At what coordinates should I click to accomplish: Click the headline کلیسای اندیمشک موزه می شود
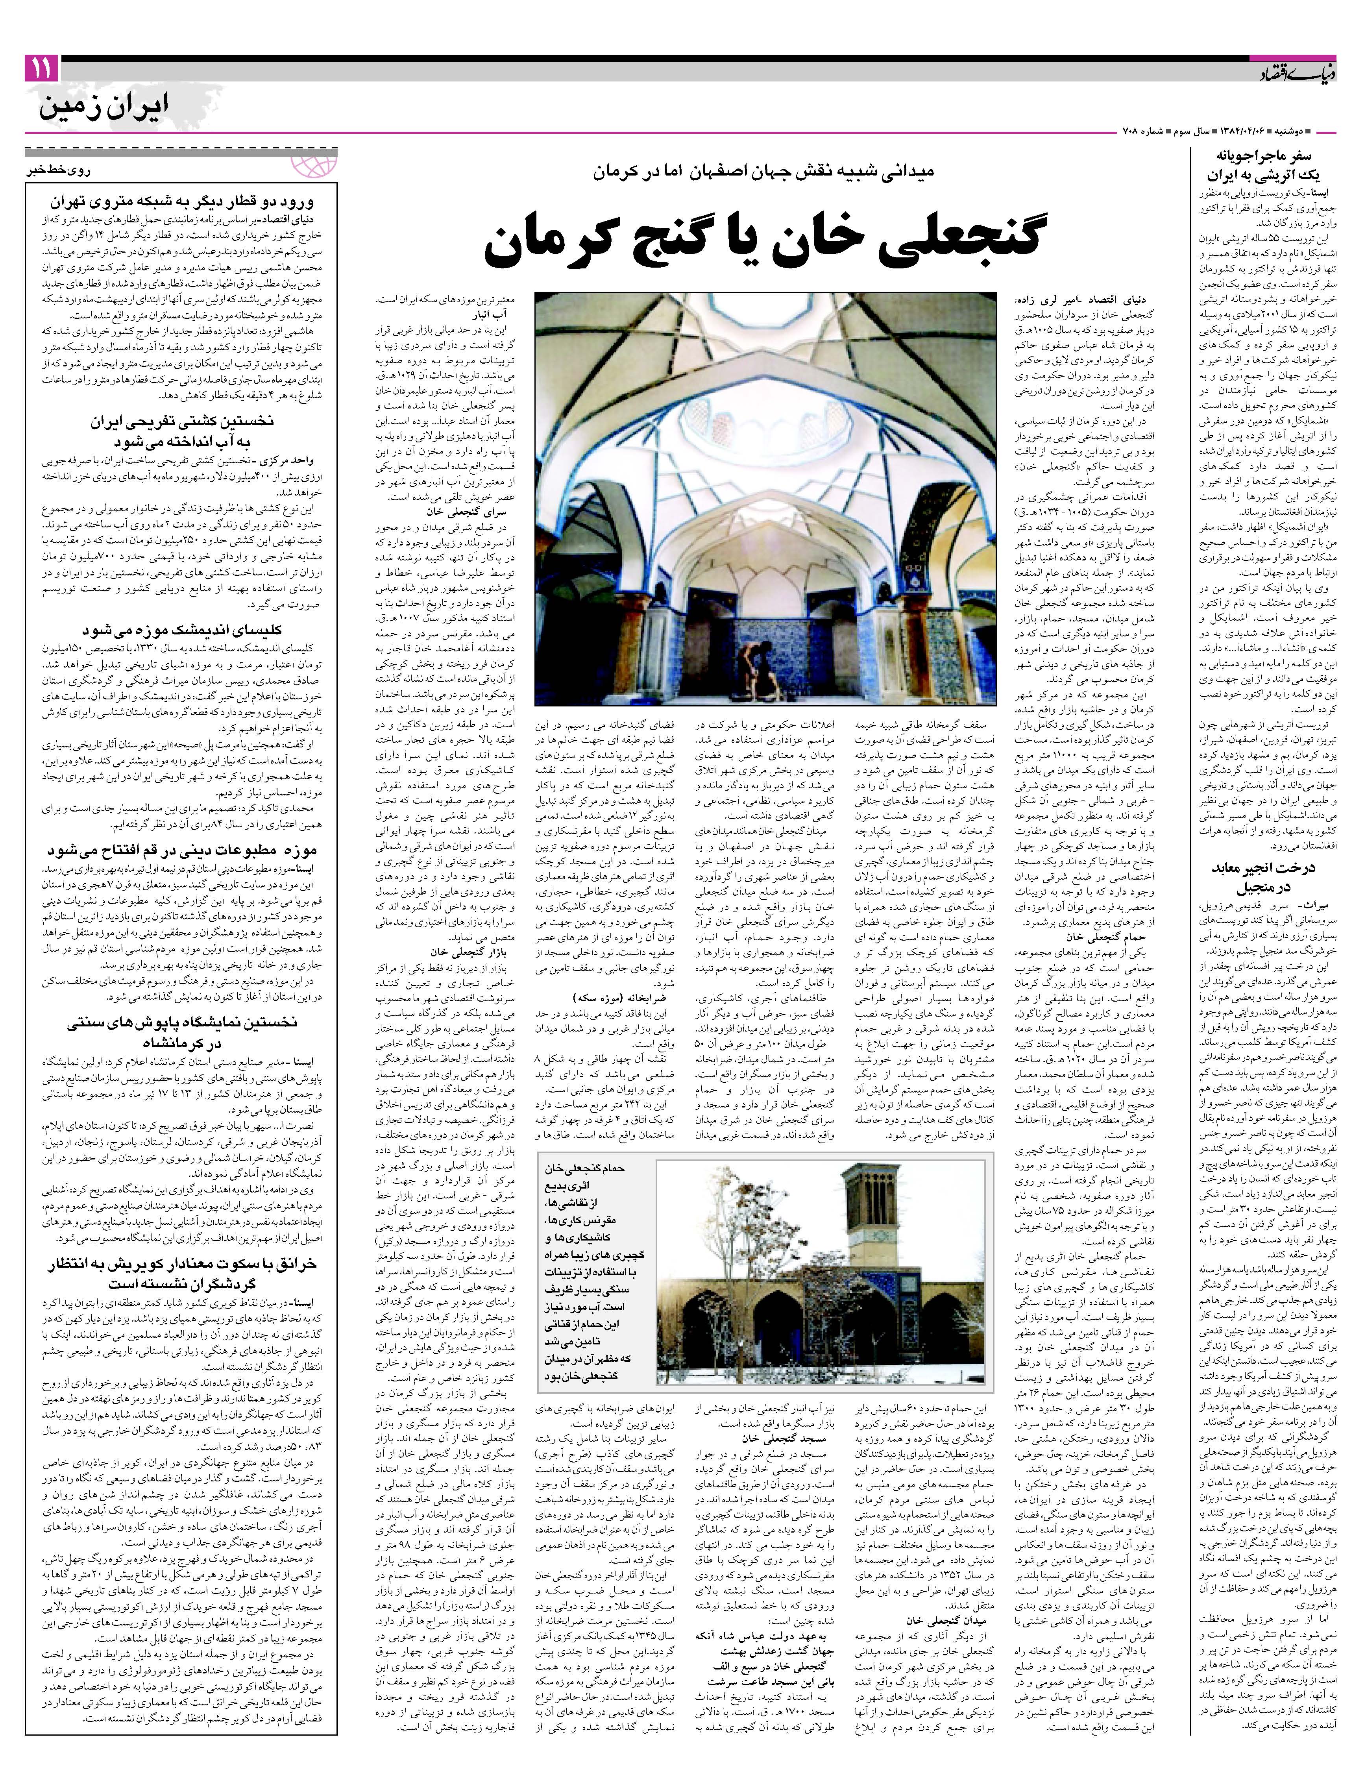[182, 630]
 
